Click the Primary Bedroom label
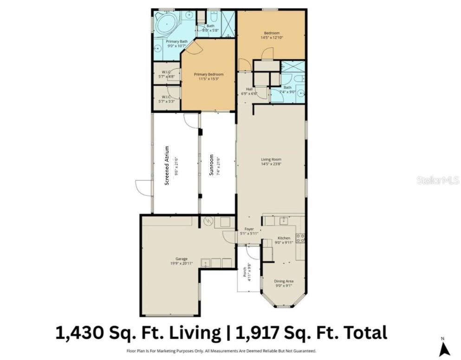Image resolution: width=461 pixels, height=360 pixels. tap(208, 74)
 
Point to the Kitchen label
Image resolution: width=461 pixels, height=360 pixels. tap(284, 238)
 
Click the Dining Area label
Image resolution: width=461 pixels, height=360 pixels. tap(283, 281)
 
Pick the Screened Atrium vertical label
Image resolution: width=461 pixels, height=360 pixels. tap(167, 166)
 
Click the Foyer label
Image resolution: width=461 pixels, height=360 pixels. tap(249, 229)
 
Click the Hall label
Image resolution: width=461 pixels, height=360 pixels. tap(249, 89)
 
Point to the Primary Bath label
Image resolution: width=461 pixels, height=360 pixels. tap(176, 42)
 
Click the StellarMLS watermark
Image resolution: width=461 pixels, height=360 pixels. tap(437, 180)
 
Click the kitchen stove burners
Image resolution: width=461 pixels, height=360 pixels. tap(301, 238)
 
